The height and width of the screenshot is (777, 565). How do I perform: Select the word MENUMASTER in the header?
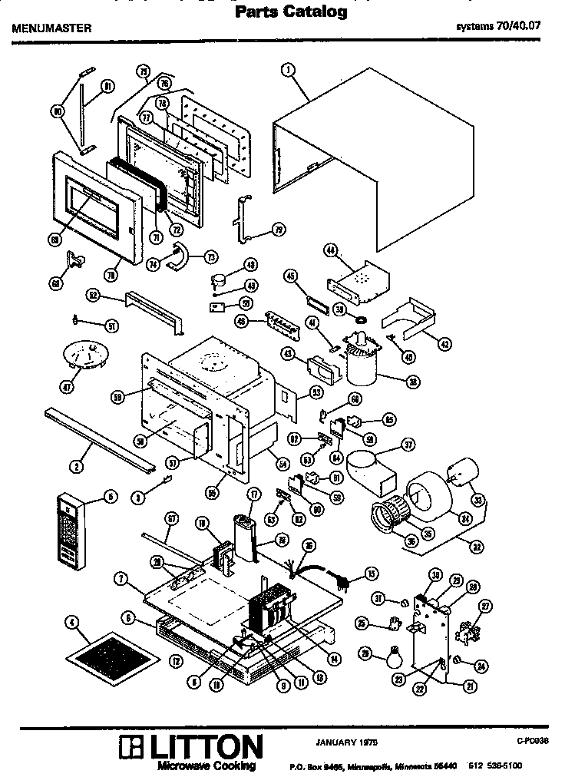click(51, 28)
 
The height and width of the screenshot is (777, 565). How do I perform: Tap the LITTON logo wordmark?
click(192, 747)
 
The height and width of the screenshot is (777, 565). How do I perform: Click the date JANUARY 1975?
click(346, 742)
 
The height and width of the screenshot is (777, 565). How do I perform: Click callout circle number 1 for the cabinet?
click(288, 71)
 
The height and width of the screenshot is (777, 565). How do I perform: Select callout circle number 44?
click(331, 250)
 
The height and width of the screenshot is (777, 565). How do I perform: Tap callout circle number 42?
click(444, 344)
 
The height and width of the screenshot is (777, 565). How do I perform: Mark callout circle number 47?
click(68, 386)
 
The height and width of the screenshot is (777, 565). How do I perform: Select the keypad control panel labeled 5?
click(70, 529)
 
